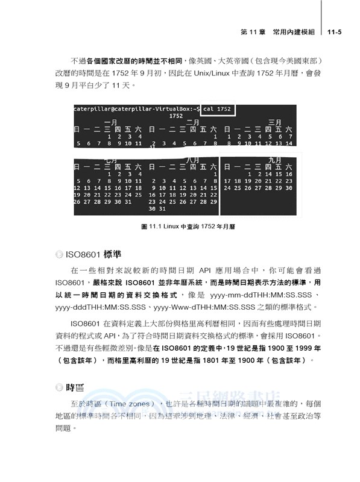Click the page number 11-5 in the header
tap(335, 32)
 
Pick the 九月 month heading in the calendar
tap(275, 160)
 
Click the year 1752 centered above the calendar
tap(176, 115)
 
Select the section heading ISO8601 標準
tap(93, 254)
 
